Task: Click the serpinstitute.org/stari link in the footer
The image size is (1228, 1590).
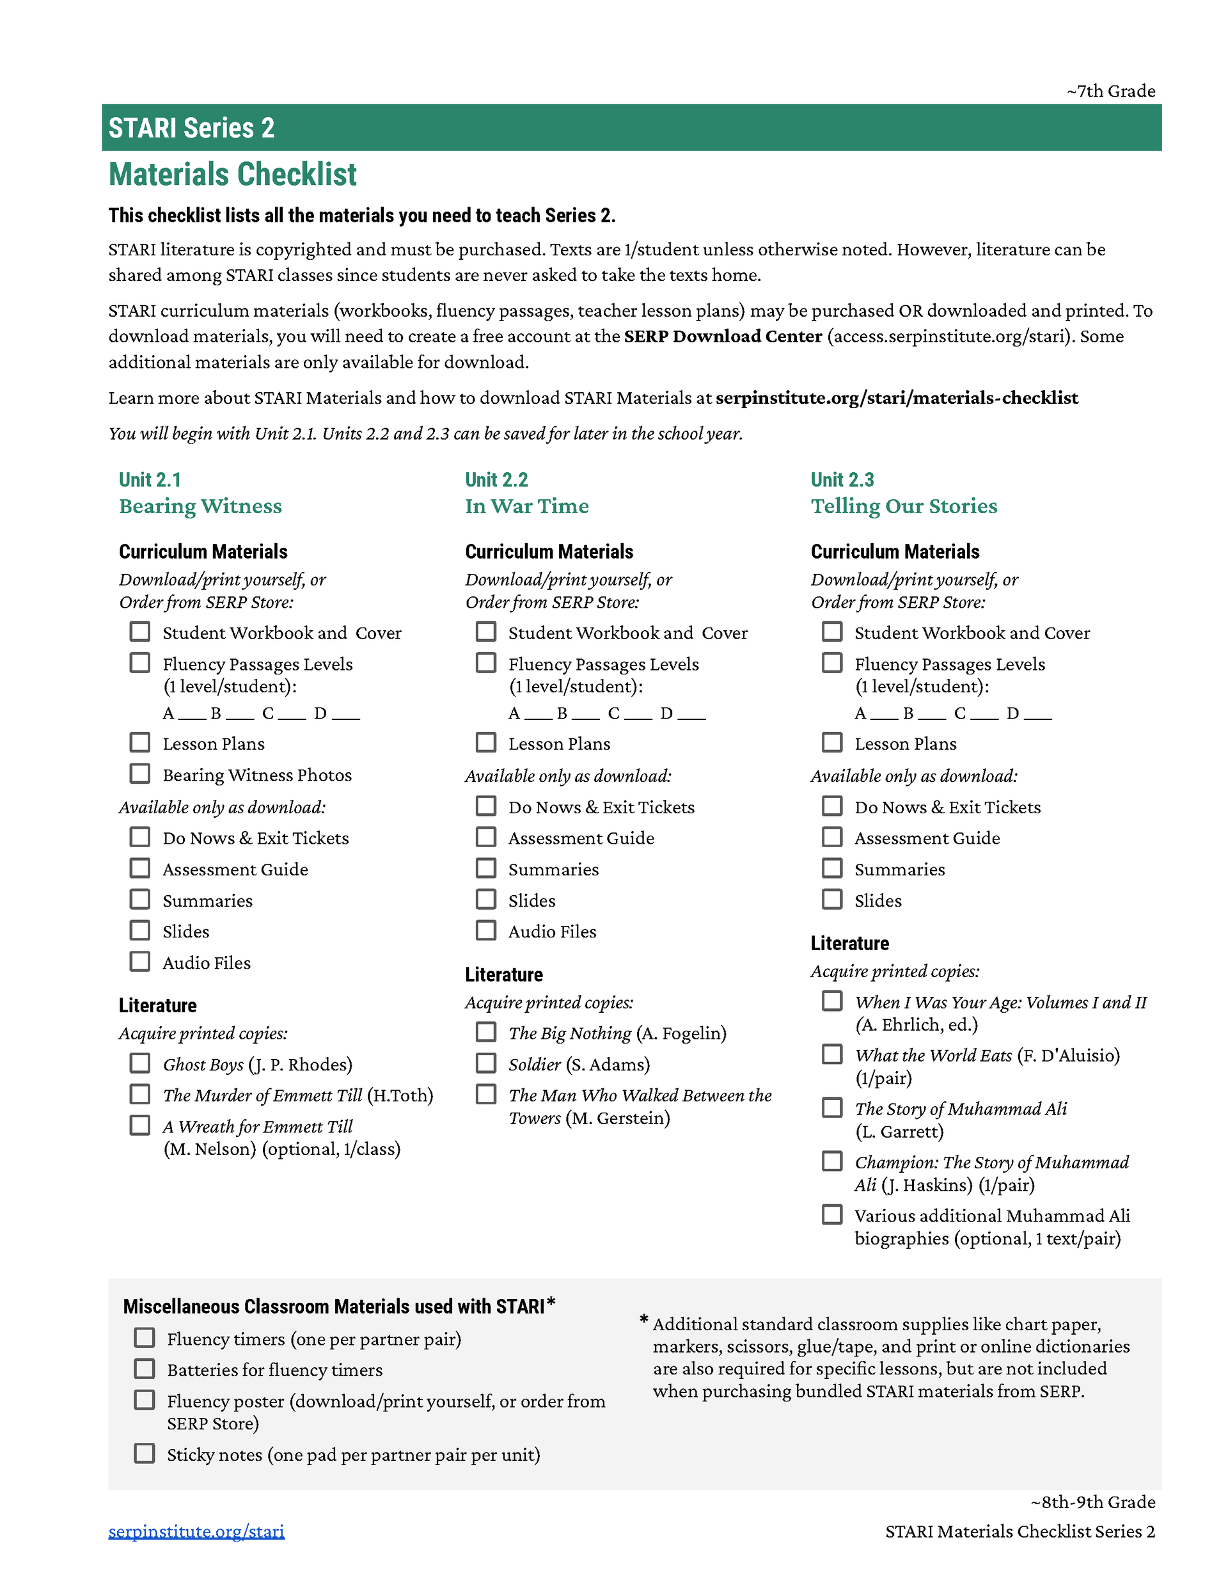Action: (196, 1531)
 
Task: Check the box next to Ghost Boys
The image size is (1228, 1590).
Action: (140, 1063)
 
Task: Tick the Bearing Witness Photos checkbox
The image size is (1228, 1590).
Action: (140, 774)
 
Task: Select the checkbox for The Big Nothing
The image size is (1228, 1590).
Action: (485, 1032)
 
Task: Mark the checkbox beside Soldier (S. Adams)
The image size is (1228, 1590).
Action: (485, 1063)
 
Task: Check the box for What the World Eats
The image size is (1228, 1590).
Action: (832, 1054)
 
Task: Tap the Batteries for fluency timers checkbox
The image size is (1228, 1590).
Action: (144, 1369)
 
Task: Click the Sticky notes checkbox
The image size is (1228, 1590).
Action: (144, 1454)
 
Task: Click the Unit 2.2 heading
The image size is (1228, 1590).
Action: (496, 480)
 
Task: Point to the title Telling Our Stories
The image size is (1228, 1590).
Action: (904, 506)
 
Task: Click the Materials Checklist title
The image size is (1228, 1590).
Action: (232, 175)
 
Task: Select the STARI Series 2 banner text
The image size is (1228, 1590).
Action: (191, 128)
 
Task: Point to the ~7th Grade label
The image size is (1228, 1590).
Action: (1111, 91)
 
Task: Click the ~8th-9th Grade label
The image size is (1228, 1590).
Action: (1092, 1502)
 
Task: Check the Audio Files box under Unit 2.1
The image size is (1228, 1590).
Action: (140, 962)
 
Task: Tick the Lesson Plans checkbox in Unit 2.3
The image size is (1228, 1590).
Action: (832, 743)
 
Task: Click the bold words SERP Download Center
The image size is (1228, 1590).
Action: (723, 337)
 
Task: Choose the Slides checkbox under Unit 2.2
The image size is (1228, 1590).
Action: (485, 900)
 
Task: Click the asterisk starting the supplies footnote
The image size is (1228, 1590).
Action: (643, 1319)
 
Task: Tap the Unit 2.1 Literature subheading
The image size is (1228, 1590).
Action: (158, 1005)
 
